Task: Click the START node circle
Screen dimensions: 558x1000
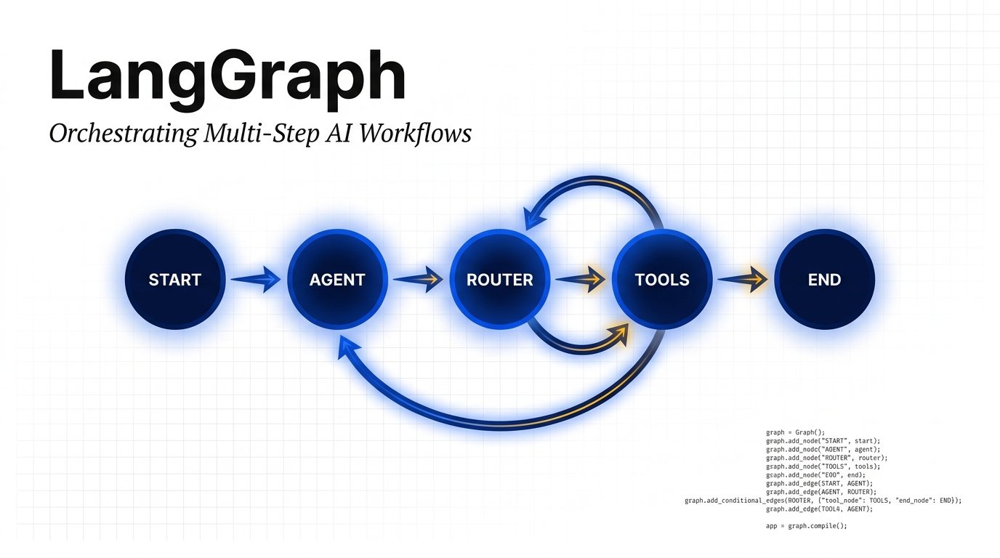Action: [x=174, y=280]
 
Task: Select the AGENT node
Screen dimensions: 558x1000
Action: [x=337, y=280]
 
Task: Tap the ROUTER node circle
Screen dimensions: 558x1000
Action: [x=499, y=280]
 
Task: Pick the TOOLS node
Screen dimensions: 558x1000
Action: [x=661, y=280]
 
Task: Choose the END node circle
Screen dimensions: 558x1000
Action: [x=824, y=280]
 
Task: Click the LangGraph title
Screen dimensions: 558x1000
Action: [x=227, y=76]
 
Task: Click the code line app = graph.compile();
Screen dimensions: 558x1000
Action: [x=807, y=526]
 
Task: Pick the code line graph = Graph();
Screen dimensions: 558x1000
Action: [x=796, y=432]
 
